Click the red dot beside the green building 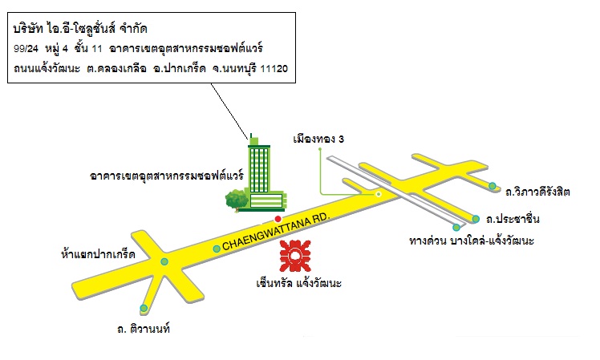pos(278,219)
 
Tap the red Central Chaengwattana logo pos(295,256)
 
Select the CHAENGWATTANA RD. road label pos(276,232)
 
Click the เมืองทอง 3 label pos(318,139)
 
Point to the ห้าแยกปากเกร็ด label pos(98,254)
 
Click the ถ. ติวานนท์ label pos(144,329)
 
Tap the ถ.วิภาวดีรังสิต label pos(537,192)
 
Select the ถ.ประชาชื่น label pos(513,219)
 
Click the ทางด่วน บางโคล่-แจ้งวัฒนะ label pos(472,241)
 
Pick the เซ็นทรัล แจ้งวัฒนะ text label pos(299,283)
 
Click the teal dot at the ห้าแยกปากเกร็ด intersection pos(164,261)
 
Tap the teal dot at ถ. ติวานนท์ pos(144,309)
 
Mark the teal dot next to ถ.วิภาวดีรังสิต pos(493,186)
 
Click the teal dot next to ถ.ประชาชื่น pos(476,219)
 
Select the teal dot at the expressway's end pos(456,228)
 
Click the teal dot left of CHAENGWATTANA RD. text pos(217,249)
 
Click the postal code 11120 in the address pos(274,69)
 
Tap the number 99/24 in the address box pos(26,49)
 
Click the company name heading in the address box pos(80,28)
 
